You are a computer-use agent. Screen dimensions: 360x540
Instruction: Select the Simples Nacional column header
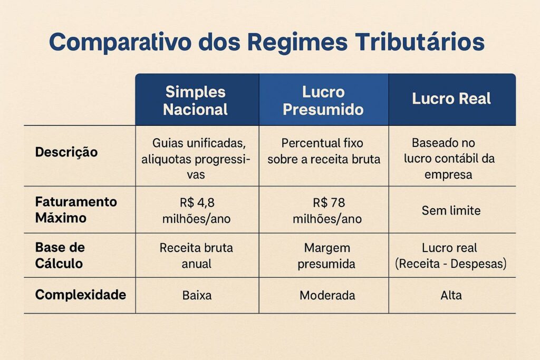coord(196,100)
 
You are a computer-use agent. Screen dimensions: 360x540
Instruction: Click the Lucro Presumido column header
coord(323,100)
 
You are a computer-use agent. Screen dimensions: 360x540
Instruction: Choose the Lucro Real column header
coord(451,99)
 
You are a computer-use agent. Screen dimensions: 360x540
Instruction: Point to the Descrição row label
coord(66,152)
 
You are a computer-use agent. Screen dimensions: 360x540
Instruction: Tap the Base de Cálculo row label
coord(60,255)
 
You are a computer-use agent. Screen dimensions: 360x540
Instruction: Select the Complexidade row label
coord(81,295)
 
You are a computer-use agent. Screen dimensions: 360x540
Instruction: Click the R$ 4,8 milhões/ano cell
coord(196,210)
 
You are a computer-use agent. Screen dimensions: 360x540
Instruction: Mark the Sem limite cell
coord(451,210)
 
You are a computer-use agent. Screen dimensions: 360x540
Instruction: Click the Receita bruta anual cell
coord(196,255)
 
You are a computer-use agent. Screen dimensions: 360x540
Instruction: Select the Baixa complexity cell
coord(196,295)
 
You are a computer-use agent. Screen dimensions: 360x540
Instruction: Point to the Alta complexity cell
coord(451,295)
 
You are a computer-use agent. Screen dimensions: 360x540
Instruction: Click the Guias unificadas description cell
coord(196,159)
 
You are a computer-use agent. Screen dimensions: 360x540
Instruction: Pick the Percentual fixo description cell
coord(323,151)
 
